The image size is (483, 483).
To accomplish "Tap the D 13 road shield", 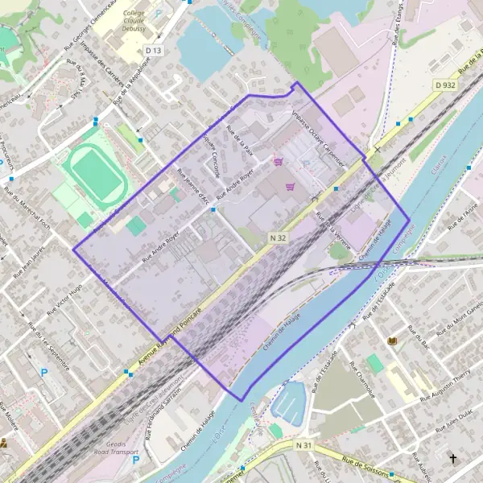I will click(153, 51).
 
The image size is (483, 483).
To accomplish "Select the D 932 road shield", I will click(444, 85).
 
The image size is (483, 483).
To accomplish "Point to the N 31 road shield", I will click(303, 445).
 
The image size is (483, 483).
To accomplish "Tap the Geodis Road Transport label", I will click(116, 448).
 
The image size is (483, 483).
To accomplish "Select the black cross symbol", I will click(452, 459).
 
